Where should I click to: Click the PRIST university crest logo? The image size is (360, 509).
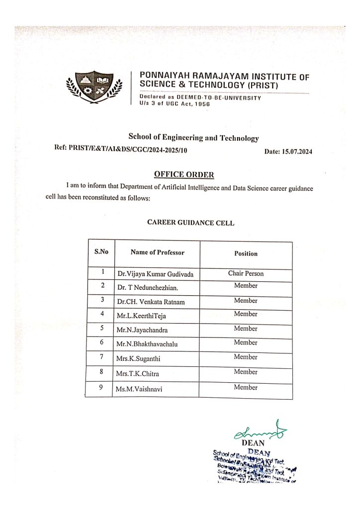94,88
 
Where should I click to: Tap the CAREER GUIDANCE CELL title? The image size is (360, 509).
190,223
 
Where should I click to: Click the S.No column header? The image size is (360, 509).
101,252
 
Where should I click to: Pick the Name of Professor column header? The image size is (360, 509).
157,253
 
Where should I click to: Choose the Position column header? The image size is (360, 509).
246,254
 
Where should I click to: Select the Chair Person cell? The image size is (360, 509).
246,273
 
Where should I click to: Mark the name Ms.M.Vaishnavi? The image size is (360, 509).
139,389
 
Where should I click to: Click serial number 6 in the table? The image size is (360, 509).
101,342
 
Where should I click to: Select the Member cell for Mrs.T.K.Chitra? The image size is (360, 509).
246,372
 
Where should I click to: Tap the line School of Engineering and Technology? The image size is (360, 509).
193,138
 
